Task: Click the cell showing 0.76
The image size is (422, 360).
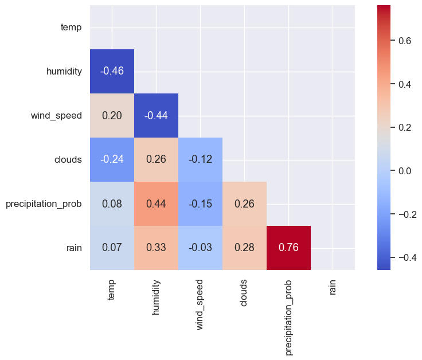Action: click(x=288, y=248)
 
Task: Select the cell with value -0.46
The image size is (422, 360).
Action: click(x=112, y=71)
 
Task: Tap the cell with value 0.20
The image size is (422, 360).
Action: click(x=112, y=115)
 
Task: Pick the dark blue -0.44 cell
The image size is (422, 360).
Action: click(x=156, y=115)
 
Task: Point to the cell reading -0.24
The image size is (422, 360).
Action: click(x=112, y=159)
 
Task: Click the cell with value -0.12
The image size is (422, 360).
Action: click(x=200, y=159)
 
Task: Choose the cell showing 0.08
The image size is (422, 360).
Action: click(x=112, y=204)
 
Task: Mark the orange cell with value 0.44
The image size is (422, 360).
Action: click(x=156, y=204)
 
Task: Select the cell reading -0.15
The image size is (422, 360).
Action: click(x=200, y=204)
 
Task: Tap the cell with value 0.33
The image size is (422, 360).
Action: click(x=156, y=248)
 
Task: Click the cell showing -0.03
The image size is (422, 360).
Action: click(x=200, y=248)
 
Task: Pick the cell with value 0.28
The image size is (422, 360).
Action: click(x=244, y=248)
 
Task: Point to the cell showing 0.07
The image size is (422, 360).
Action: click(x=112, y=248)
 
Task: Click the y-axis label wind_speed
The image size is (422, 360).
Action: click(x=56, y=115)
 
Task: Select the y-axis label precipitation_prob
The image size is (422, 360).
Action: click(x=44, y=204)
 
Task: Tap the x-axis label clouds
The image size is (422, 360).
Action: click(x=244, y=293)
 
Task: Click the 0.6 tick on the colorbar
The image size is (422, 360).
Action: click(x=405, y=41)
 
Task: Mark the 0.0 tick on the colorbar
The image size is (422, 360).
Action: click(x=405, y=171)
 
